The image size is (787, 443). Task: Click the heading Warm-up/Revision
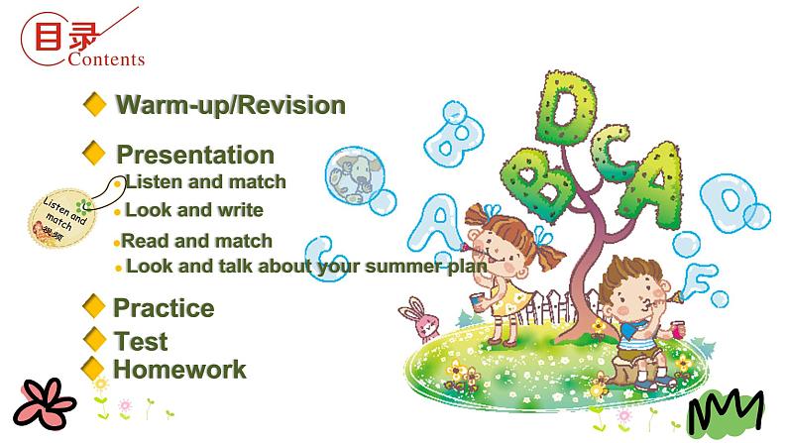[x=230, y=105]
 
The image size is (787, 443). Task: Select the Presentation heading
[x=194, y=155]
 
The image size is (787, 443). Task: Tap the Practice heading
[x=163, y=307]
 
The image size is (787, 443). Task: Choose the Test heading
[x=140, y=342]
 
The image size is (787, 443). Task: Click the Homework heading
[x=179, y=370]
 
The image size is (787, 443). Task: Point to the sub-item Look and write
[x=193, y=210]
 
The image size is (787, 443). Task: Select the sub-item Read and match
[x=196, y=241]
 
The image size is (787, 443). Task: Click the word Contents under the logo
[x=107, y=58]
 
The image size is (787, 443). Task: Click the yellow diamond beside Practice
[x=94, y=306]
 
